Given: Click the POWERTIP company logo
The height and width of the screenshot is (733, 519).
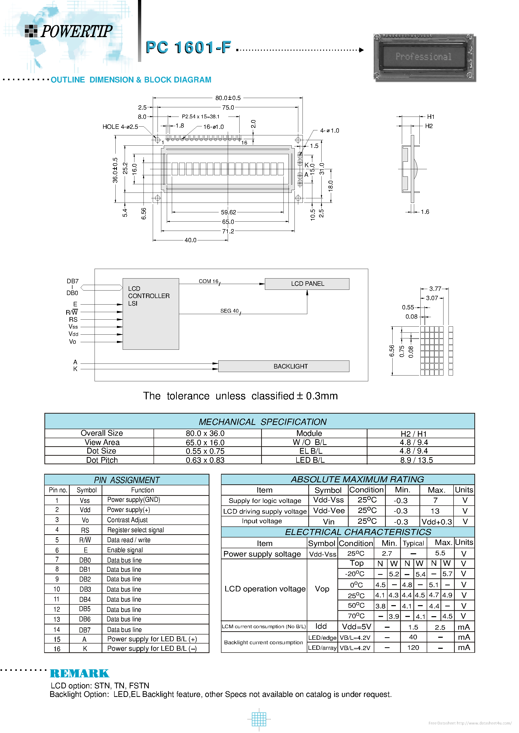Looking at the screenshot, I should (x=69, y=31).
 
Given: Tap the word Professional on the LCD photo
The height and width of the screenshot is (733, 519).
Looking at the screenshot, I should (x=423, y=57).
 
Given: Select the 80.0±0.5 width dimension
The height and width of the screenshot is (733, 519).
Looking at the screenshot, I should (x=228, y=98).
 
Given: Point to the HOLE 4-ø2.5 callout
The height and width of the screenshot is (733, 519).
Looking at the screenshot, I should (x=120, y=127).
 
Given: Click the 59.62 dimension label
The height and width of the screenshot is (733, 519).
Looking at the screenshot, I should (x=228, y=212).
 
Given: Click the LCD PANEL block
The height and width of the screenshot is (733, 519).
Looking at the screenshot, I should (x=307, y=284).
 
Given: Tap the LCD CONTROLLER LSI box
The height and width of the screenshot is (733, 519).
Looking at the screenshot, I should (x=151, y=313).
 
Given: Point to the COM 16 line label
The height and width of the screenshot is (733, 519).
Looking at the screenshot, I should (x=208, y=281).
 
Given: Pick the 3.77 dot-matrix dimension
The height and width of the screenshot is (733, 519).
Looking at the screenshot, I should (x=435, y=289).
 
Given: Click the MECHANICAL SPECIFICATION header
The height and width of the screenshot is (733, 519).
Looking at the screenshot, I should (x=262, y=422).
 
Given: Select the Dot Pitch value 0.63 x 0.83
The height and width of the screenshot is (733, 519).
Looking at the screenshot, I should (x=205, y=460).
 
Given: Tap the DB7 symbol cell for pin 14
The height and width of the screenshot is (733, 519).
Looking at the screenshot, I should (x=85, y=629).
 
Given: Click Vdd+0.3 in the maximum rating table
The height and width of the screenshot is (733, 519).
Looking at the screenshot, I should (x=436, y=522).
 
